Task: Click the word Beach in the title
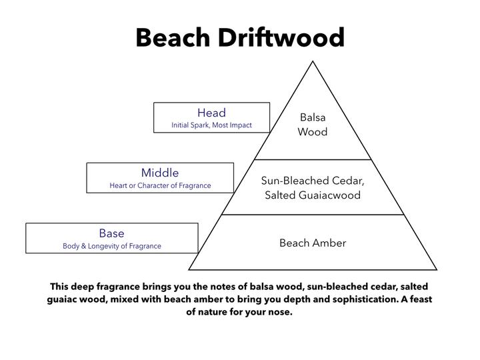click(173, 37)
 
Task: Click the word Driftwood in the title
click(281, 37)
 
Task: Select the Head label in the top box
click(211, 113)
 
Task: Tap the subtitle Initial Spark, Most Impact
click(211, 125)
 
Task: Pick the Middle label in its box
click(160, 173)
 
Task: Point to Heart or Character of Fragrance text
click(160, 185)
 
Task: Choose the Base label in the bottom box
click(111, 233)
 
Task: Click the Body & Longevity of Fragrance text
click(112, 246)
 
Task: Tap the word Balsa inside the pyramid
click(313, 117)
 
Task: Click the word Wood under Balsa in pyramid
click(313, 131)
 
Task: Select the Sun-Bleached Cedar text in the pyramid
click(313, 181)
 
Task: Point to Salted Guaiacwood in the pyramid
click(313, 195)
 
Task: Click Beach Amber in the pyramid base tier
click(313, 243)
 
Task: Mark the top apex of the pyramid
click(313, 61)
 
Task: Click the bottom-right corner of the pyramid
click(436, 269)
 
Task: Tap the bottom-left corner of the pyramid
click(189, 269)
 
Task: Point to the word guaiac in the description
click(61, 299)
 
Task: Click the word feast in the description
click(421, 299)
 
